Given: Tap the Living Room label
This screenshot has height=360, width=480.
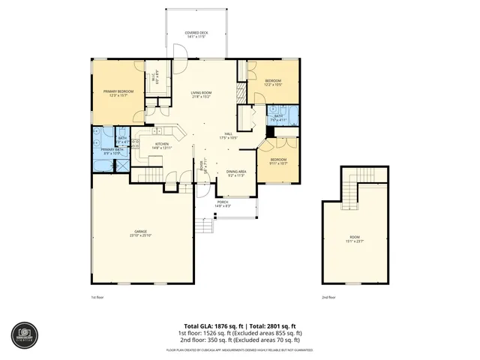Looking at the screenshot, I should pyautogui.click(x=204, y=94).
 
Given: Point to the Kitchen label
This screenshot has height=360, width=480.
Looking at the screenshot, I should pyautogui.click(x=162, y=145).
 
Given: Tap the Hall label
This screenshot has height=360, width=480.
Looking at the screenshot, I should pyautogui.click(x=228, y=136).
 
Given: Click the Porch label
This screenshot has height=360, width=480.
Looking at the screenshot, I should pyautogui.click(x=223, y=203).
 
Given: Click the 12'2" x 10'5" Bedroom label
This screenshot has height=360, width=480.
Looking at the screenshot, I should pyautogui.click(x=273, y=82).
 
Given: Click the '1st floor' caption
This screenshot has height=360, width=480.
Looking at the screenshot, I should pyautogui.click(x=97, y=297).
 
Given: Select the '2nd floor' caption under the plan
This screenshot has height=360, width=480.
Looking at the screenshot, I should pyautogui.click(x=328, y=297).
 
